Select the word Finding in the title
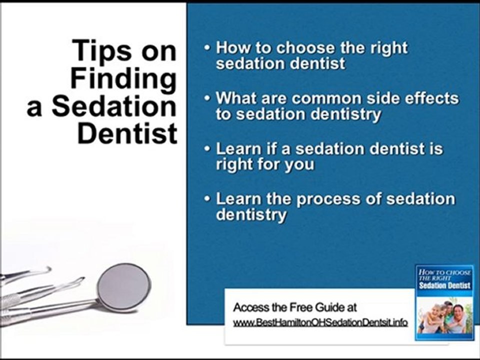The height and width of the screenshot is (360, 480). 123,78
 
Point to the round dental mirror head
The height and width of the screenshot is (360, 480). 123,287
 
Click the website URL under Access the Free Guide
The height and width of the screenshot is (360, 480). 320,322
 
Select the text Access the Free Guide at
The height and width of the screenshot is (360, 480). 295,307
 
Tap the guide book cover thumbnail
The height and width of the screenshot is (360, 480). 444,302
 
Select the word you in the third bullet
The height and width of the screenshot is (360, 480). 299,165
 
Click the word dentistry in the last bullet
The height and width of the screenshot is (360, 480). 251,215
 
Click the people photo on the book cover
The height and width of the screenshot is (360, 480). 444,317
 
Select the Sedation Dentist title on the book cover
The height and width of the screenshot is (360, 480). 444,285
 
